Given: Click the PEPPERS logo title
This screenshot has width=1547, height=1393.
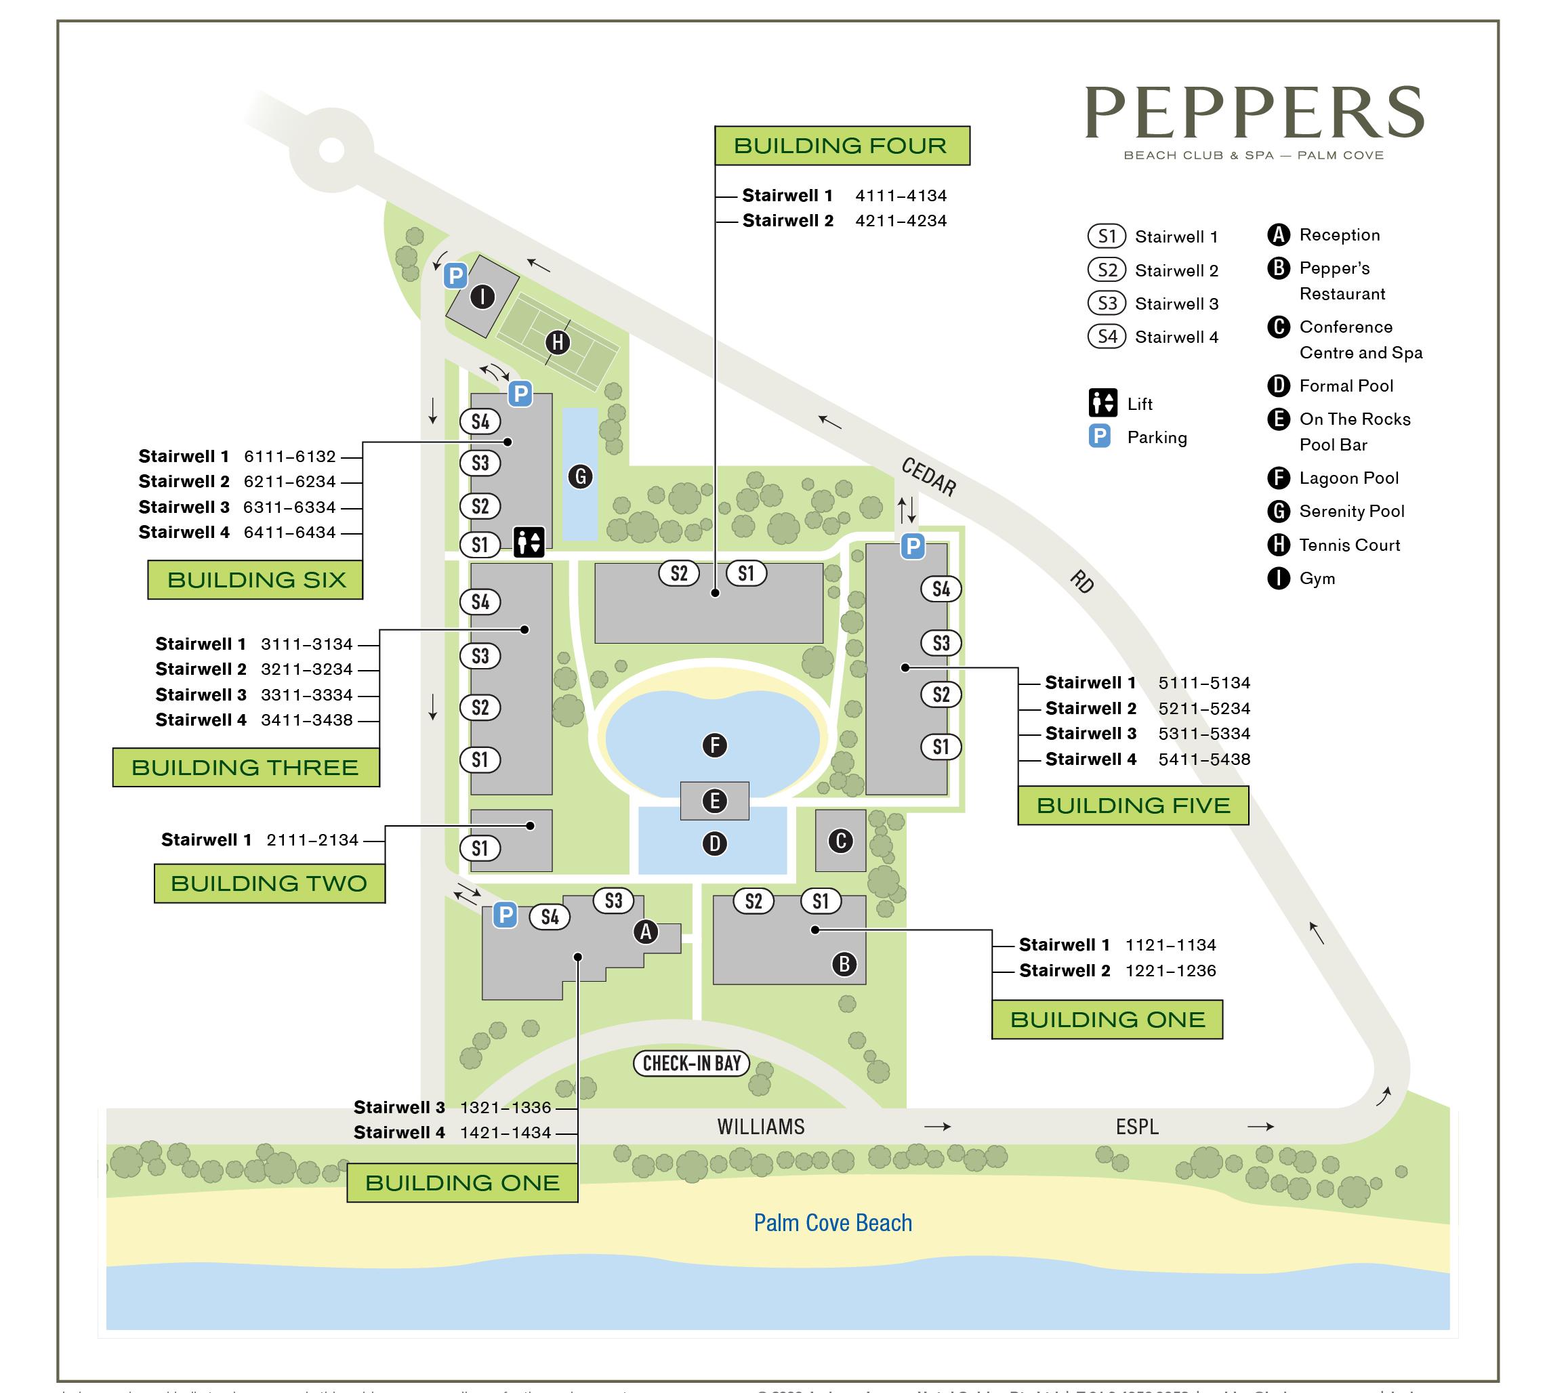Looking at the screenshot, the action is click(1253, 112).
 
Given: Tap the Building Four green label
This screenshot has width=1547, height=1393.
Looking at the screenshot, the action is click(841, 146).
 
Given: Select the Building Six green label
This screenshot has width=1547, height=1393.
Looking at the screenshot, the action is click(255, 579).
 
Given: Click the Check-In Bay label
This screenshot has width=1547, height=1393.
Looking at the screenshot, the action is click(691, 1063).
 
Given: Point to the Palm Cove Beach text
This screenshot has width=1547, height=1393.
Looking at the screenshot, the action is click(833, 1222).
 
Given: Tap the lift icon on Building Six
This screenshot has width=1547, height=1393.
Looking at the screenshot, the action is click(528, 542).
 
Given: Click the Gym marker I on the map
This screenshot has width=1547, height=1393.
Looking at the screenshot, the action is click(482, 296).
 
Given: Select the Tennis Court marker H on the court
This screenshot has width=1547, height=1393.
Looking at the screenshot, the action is click(557, 342).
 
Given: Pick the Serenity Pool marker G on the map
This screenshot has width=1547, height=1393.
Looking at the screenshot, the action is click(580, 477).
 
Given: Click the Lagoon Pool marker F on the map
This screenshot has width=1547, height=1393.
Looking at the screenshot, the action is click(714, 745).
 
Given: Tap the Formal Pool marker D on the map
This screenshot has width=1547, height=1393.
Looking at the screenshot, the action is click(714, 844).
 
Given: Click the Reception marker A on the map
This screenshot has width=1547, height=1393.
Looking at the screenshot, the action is click(646, 932).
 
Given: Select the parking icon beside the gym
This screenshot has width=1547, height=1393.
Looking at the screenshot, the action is click(455, 276).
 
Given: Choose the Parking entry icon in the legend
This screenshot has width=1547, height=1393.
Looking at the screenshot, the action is click(1099, 436).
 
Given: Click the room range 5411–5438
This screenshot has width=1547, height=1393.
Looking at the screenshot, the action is click(1204, 760).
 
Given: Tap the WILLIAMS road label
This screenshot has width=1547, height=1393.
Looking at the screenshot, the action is click(761, 1127).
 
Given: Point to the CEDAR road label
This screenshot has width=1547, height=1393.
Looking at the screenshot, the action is click(928, 476).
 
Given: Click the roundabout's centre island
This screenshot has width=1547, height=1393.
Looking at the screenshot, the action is click(331, 149).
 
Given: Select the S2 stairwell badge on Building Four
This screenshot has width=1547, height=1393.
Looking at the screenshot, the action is click(679, 573).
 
